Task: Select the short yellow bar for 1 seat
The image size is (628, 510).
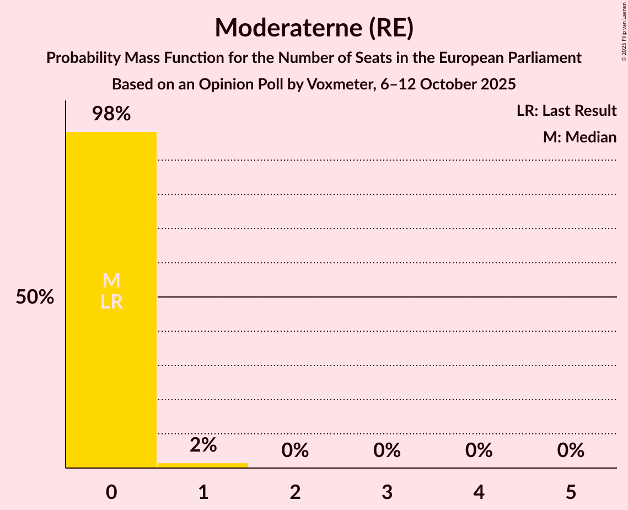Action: click(203, 465)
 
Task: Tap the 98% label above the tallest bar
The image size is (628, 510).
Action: click(111, 114)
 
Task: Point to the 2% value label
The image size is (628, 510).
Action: click(203, 445)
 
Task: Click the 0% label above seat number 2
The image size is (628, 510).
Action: click(295, 450)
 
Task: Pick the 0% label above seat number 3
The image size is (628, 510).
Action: click(387, 450)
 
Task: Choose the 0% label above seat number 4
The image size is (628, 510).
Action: click(479, 450)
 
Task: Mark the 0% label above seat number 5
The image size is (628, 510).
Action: click(571, 450)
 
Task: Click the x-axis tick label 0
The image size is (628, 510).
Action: click(111, 492)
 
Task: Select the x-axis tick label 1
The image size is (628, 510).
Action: click(203, 492)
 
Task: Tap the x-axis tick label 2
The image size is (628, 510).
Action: click(295, 492)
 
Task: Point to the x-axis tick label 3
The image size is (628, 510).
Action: click(387, 492)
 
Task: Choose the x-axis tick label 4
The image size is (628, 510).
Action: click(479, 492)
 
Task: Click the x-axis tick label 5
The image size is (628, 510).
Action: click(571, 492)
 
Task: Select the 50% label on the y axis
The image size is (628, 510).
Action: click(35, 297)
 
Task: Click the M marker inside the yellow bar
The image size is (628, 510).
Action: click(111, 281)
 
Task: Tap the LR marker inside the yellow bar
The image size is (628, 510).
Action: click(111, 302)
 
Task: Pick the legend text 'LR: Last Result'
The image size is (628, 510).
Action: click(566, 111)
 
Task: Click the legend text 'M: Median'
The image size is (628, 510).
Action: click(579, 137)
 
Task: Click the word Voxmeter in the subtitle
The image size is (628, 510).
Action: click(341, 84)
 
